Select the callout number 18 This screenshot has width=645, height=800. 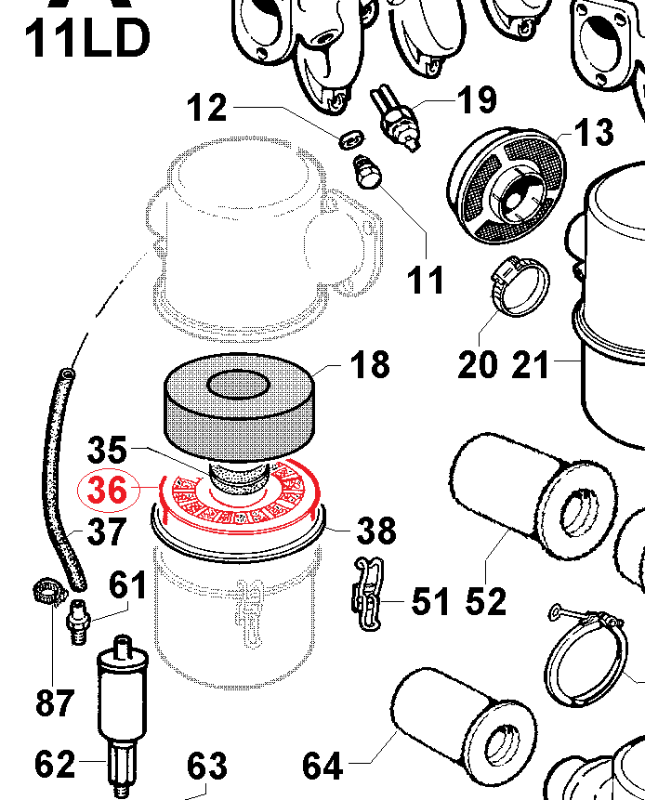[x=370, y=364]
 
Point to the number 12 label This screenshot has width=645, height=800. [x=206, y=109]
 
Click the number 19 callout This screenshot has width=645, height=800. [x=475, y=99]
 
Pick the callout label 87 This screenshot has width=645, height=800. [x=56, y=702]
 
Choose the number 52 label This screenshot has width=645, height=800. [x=486, y=601]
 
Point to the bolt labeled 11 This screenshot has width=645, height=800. [x=368, y=172]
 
